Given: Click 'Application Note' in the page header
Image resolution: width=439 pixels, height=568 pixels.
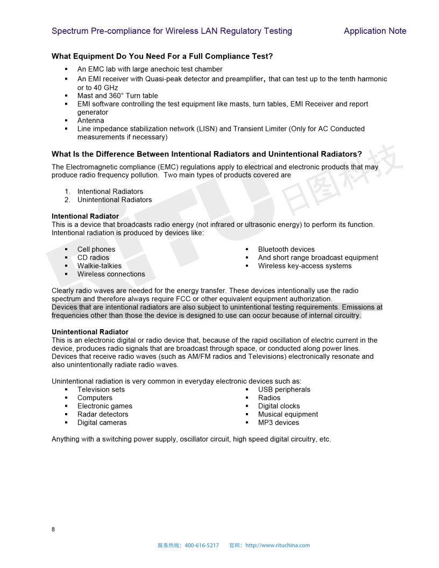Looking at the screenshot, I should coord(375,31).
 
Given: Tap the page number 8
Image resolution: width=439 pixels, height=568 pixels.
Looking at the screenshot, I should coord(53,529).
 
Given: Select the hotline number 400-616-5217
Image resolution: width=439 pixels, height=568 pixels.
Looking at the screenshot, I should coord(202,545).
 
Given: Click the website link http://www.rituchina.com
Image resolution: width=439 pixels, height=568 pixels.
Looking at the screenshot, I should coord(278,545).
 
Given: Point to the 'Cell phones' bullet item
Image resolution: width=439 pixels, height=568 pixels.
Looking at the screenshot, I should coord(96,250).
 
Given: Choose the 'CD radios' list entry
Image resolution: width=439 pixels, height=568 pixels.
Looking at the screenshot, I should coord(93,258).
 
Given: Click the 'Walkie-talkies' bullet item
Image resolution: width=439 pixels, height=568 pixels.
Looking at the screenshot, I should coord(100,266).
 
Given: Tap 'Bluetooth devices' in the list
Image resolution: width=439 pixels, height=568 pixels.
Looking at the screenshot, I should coord(286,250).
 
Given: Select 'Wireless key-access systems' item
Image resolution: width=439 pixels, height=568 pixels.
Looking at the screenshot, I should coord(305,266).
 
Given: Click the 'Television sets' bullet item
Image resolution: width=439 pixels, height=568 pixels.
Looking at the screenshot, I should coord(101,390).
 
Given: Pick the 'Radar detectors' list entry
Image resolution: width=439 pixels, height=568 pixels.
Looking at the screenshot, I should coord(103,414).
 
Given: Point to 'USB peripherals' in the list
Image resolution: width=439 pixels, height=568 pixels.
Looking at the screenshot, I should coord(284,390).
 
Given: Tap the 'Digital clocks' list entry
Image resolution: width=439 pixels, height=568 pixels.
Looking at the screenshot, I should coord(279,406).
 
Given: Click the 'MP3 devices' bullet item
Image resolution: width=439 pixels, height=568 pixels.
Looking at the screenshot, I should coord(278,423).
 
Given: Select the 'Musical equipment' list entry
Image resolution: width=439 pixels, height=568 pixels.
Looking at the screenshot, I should coord(288,414).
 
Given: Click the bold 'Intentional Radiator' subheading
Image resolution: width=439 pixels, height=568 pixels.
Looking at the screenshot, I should coord(85,216).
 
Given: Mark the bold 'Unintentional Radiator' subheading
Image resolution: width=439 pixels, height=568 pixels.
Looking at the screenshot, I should coord(90,332).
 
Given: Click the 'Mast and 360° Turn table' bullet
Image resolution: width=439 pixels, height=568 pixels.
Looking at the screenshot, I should coord(118,96).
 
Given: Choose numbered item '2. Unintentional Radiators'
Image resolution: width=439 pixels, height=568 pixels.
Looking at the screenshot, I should coord(114,200).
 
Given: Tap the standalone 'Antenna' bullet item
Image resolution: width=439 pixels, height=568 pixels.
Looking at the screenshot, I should coord(91,120).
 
